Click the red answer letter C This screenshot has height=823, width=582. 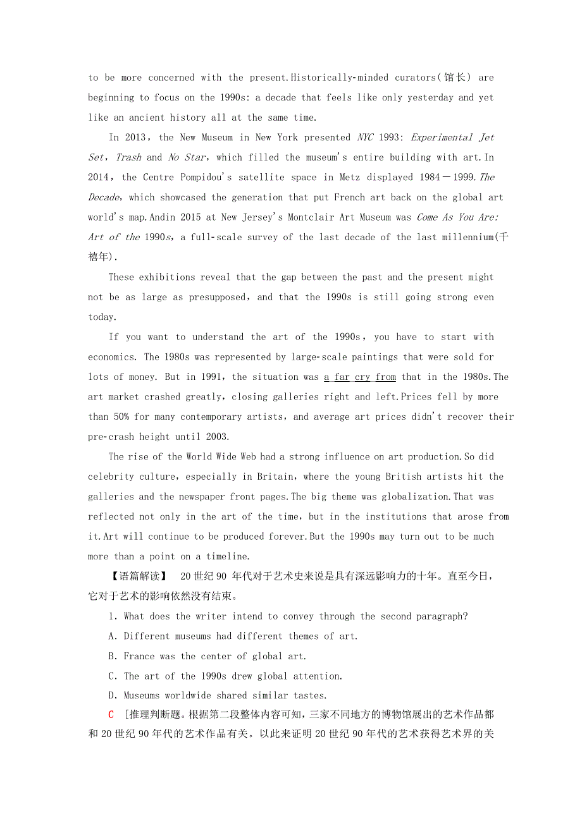click(111, 715)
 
